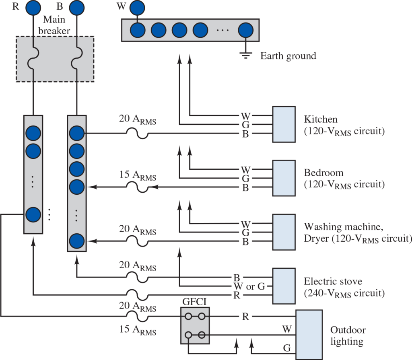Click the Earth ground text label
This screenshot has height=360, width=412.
[288, 56]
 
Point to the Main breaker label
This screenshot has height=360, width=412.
[56, 25]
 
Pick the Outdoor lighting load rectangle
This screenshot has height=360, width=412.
[309, 334]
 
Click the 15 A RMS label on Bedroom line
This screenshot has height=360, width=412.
[138, 176]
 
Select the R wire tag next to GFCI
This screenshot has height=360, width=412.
[245, 317]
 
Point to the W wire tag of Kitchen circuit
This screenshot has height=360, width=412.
[245, 116]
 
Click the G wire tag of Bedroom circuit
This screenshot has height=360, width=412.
[245, 179]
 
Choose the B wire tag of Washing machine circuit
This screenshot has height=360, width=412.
[245, 242]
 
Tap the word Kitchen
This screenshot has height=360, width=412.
[320, 119]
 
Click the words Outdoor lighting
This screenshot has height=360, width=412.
[348, 336]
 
